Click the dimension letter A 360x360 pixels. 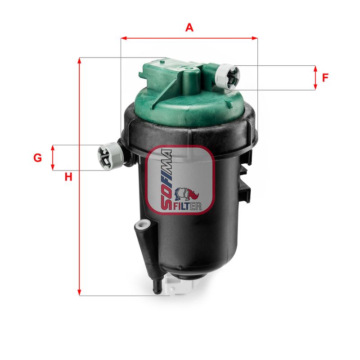pos(189,27)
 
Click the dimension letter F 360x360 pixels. pos(325,77)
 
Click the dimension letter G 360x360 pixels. pos(38,158)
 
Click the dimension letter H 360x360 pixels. pos(68,177)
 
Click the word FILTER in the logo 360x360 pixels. pos(185,207)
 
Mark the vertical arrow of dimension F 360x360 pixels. pos(315,77)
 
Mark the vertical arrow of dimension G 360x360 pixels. pos(53,157)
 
